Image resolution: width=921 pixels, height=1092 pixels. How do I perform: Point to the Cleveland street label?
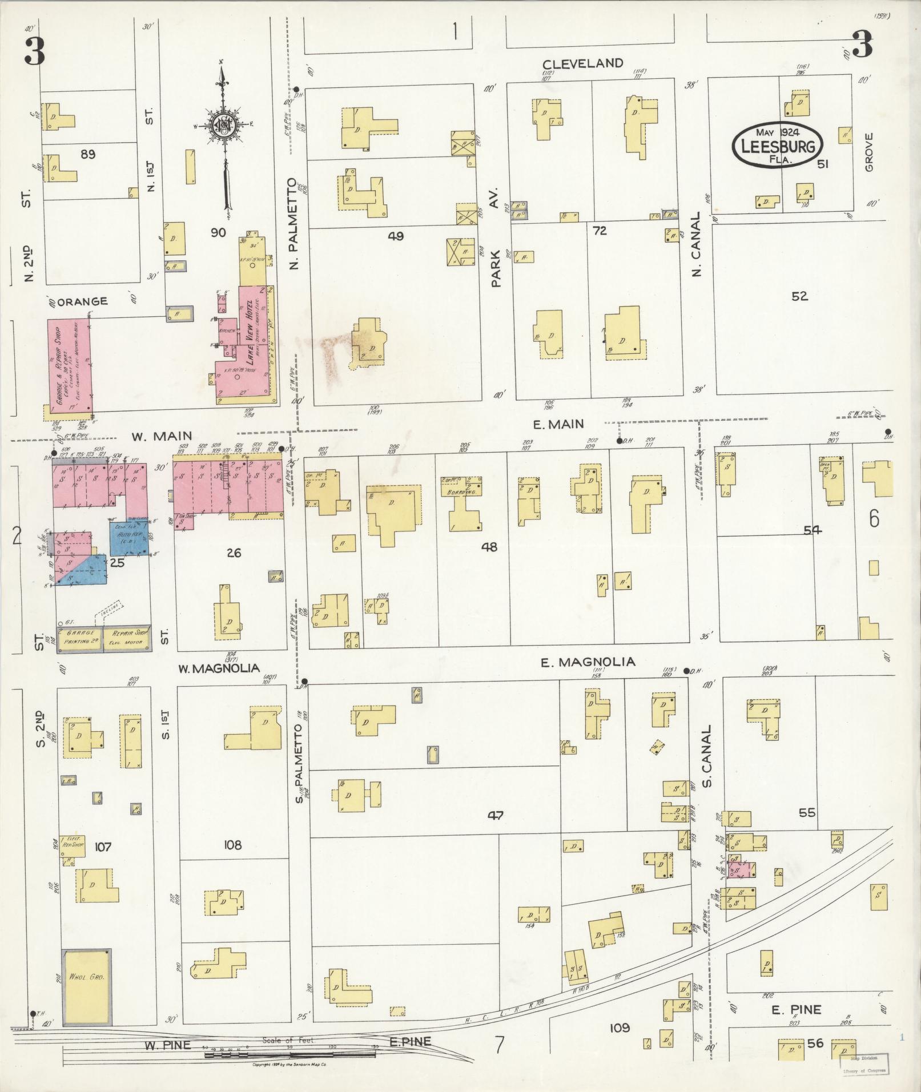click(x=582, y=63)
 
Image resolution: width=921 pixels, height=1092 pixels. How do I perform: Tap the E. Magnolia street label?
click(x=588, y=662)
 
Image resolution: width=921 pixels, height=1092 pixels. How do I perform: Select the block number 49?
click(x=395, y=236)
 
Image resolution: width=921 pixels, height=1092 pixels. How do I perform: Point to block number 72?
click(x=600, y=231)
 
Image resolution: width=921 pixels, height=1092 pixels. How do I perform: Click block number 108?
click(x=233, y=845)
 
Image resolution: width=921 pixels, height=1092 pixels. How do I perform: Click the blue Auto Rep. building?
click(x=129, y=538)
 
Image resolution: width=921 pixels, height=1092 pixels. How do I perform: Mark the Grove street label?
click(x=869, y=152)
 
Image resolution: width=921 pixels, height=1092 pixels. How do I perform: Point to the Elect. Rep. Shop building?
click(x=73, y=846)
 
